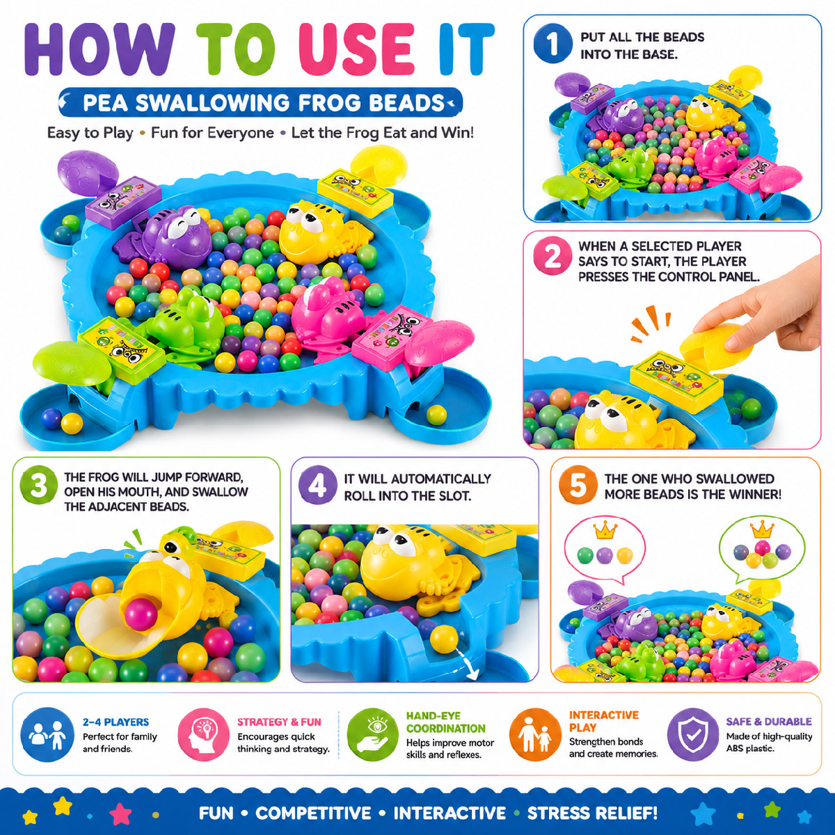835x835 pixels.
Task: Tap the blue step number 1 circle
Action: (x=553, y=45)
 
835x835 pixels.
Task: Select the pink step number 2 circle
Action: (x=553, y=258)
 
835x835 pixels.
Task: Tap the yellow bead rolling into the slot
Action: (x=443, y=638)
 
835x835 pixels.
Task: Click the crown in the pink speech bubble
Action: (x=604, y=530)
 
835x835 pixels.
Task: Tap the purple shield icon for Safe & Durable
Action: (x=693, y=735)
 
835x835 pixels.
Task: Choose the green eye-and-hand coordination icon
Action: (x=374, y=735)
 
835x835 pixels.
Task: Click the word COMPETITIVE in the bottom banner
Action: (x=313, y=813)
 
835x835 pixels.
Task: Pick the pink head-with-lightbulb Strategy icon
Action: (x=204, y=735)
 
